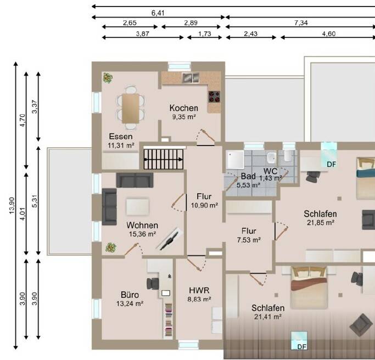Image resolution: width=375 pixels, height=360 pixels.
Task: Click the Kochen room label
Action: click(x=184, y=108)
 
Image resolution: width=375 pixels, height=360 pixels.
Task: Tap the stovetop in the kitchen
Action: click(x=214, y=97)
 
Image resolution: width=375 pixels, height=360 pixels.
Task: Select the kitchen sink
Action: click(x=191, y=78)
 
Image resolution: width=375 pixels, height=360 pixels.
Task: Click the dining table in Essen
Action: click(x=131, y=108)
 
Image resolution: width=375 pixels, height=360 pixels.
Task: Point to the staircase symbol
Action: click(x=164, y=159)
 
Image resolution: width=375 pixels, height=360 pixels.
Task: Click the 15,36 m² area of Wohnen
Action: click(x=143, y=234)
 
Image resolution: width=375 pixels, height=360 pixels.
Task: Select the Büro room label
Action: click(x=130, y=295)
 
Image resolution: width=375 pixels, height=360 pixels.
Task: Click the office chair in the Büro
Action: click(x=153, y=284)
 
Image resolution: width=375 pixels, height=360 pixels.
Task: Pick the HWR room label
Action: click(x=199, y=290)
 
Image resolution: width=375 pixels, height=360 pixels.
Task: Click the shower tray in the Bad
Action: click(x=236, y=160)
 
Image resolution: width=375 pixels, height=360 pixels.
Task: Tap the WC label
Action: click(x=270, y=171)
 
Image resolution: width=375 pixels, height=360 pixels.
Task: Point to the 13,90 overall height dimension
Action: click(x=12, y=206)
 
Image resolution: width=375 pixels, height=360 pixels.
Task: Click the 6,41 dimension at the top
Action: click(x=158, y=13)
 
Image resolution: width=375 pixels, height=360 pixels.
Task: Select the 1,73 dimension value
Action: click(x=204, y=34)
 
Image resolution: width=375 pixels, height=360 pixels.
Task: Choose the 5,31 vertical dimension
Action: click(x=35, y=201)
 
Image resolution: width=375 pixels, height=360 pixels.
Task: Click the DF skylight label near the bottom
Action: click(x=301, y=347)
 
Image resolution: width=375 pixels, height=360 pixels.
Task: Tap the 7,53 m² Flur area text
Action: click(x=249, y=240)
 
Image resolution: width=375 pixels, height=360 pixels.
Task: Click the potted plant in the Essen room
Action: click(x=108, y=78)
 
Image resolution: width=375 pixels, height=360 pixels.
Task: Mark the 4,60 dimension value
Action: click(x=328, y=34)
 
